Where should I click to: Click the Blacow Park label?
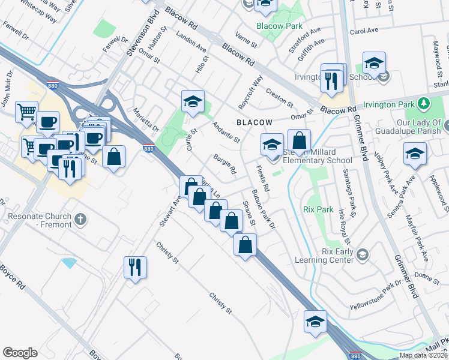[279, 26]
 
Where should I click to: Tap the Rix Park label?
[318, 210]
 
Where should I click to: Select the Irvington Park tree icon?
[424, 103]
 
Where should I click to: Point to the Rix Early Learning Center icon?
[362, 256]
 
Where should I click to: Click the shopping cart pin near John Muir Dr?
[26, 112]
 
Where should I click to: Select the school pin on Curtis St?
[193, 101]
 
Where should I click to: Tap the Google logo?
[20, 352]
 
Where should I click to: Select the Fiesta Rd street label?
[262, 179]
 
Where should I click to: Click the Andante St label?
[226, 132]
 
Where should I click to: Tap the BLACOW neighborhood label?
[255, 122]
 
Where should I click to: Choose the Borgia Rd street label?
[224, 165]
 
